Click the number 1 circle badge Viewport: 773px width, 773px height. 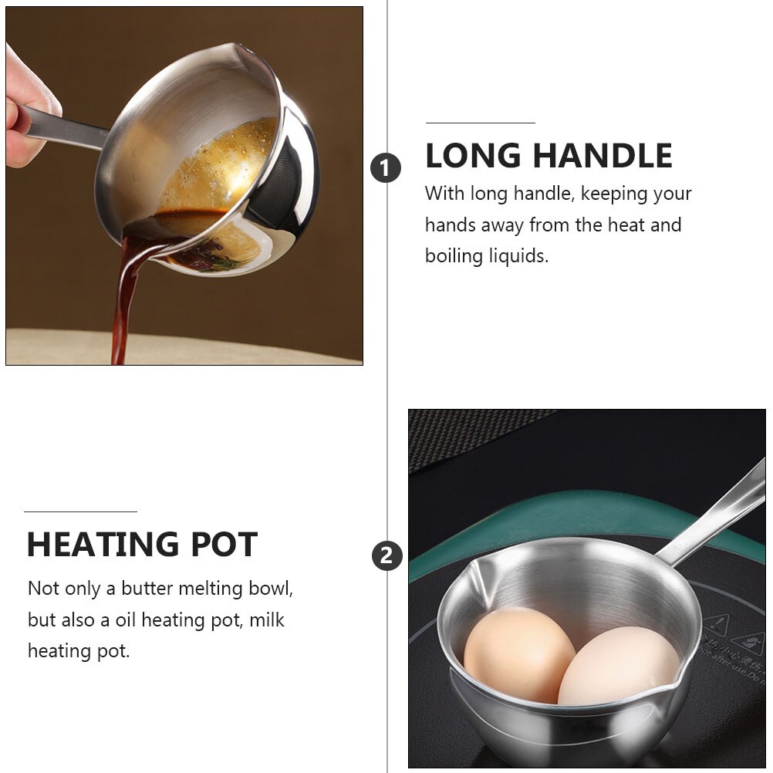pyautogui.click(x=386, y=167)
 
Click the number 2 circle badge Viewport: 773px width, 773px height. pyautogui.click(x=387, y=555)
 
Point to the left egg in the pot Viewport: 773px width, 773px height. pyautogui.click(x=518, y=654)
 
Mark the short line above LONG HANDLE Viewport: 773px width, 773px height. pyautogui.click(x=480, y=123)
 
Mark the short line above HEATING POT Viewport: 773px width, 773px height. pyautogui.click(x=80, y=511)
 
